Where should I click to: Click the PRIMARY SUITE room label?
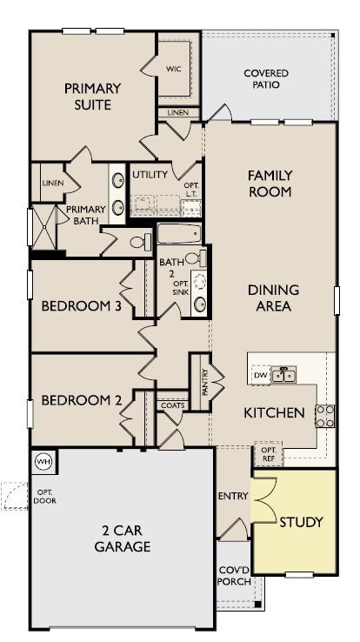(90, 97)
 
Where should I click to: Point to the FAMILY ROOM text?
(270, 184)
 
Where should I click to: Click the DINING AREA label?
(273, 298)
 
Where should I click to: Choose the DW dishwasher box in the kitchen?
(260, 375)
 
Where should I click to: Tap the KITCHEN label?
(273, 412)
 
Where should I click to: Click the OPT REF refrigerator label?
(266, 455)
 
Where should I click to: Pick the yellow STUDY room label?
(301, 522)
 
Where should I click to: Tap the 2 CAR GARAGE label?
(123, 538)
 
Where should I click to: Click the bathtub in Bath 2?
(179, 234)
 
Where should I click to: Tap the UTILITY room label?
(150, 175)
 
